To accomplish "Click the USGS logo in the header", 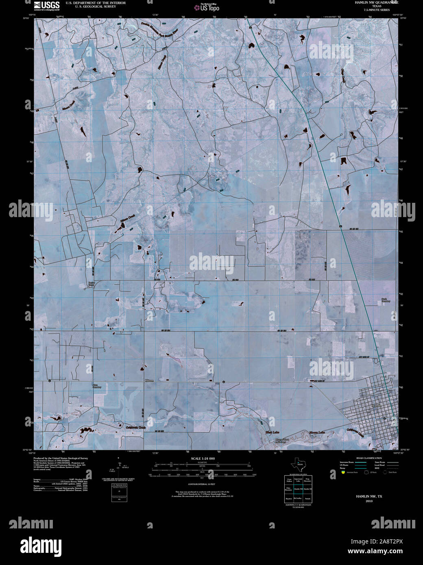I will [47, 5].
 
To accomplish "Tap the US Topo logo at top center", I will [210, 7].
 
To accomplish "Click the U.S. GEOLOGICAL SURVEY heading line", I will [93, 7].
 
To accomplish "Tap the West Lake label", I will [272, 432].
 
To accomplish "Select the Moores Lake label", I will [317, 432].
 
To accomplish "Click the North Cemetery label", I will [386, 300].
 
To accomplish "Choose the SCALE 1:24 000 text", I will [203, 459].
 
